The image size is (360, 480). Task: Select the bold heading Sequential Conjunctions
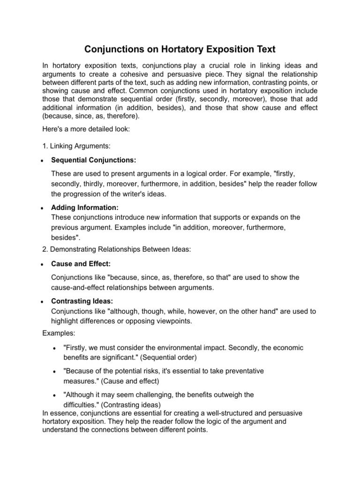tap(93, 160)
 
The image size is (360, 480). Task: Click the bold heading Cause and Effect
tap(81, 264)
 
